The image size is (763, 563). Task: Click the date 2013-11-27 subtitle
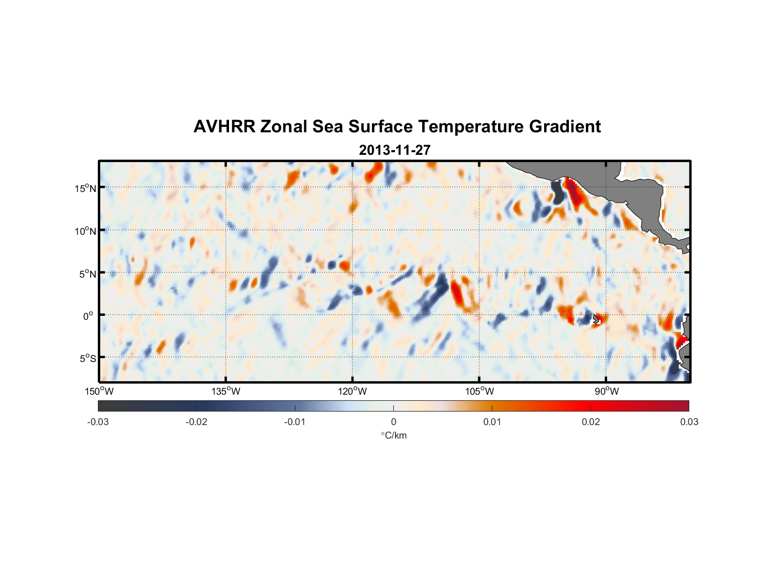(x=394, y=150)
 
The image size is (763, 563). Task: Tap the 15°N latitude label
(x=86, y=188)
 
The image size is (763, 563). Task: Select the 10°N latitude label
(x=86, y=231)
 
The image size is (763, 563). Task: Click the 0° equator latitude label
(x=88, y=316)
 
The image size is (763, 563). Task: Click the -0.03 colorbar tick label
(x=98, y=422)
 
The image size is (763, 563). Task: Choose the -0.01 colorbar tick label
(x=295, y=422)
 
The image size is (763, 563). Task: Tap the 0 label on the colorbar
(x=393, y=422)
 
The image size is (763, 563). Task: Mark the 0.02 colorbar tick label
(x=591, y=422)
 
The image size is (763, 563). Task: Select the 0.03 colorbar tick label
(x=689, y=422)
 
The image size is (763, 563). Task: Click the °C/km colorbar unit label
(x=394, y=436)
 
